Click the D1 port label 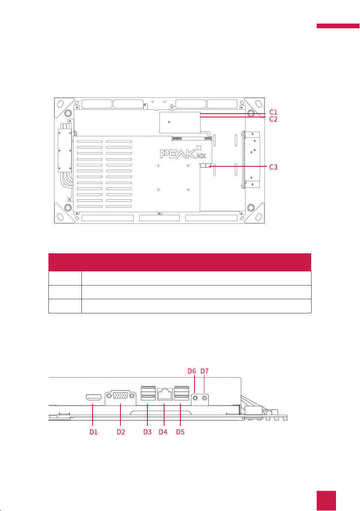(x=93, y=432)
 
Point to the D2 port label (x=121, y=432)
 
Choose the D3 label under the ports (x=148, y=432)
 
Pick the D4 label (x=163, y=432)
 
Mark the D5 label (x=180, y=432)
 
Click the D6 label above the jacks (x=192, y=370)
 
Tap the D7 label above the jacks (x=204, y=370)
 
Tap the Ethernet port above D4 (x=165, y=394)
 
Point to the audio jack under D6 (x=195, y=398)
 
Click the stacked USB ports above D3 (x=147, y=394)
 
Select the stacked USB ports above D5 (x=180, y=394)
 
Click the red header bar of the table (x=179, y=262)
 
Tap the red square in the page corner (x=327, y=500)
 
